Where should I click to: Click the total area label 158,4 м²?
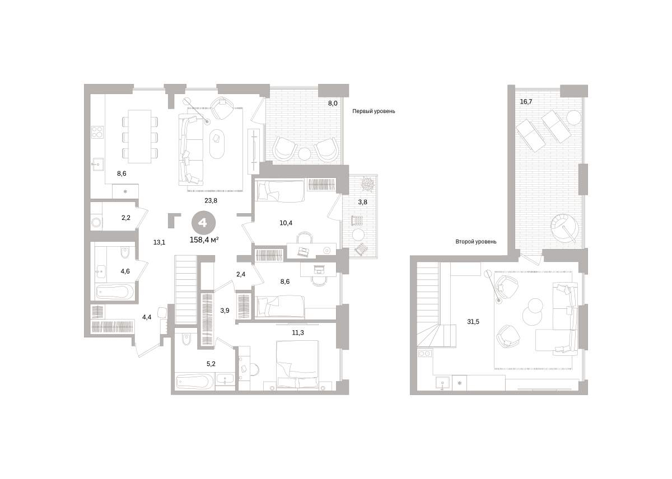[204, 240]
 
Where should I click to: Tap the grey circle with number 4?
[203, 223]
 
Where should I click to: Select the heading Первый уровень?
[374, 111]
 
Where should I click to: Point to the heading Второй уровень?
[476, 241]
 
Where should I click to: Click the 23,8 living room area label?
[211, 200]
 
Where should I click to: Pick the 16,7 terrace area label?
[526, 102]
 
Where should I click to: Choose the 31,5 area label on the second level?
[473, 322]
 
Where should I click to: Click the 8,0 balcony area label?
[333, 104]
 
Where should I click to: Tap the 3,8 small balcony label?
[362, 202]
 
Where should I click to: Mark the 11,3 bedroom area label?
[298, 332]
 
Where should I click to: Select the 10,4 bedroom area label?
[286, 223]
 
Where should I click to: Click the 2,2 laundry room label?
[126, 218]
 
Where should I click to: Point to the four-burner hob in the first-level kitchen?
[97, 133]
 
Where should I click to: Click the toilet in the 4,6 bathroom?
[125, 253]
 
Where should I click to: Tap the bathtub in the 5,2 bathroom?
[195, 382]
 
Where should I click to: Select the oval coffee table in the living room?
[217, 144]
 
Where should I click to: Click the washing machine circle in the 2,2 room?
[96, 223]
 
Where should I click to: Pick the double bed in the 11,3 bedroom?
[297, 365]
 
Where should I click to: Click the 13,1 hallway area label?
[159, 242]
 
